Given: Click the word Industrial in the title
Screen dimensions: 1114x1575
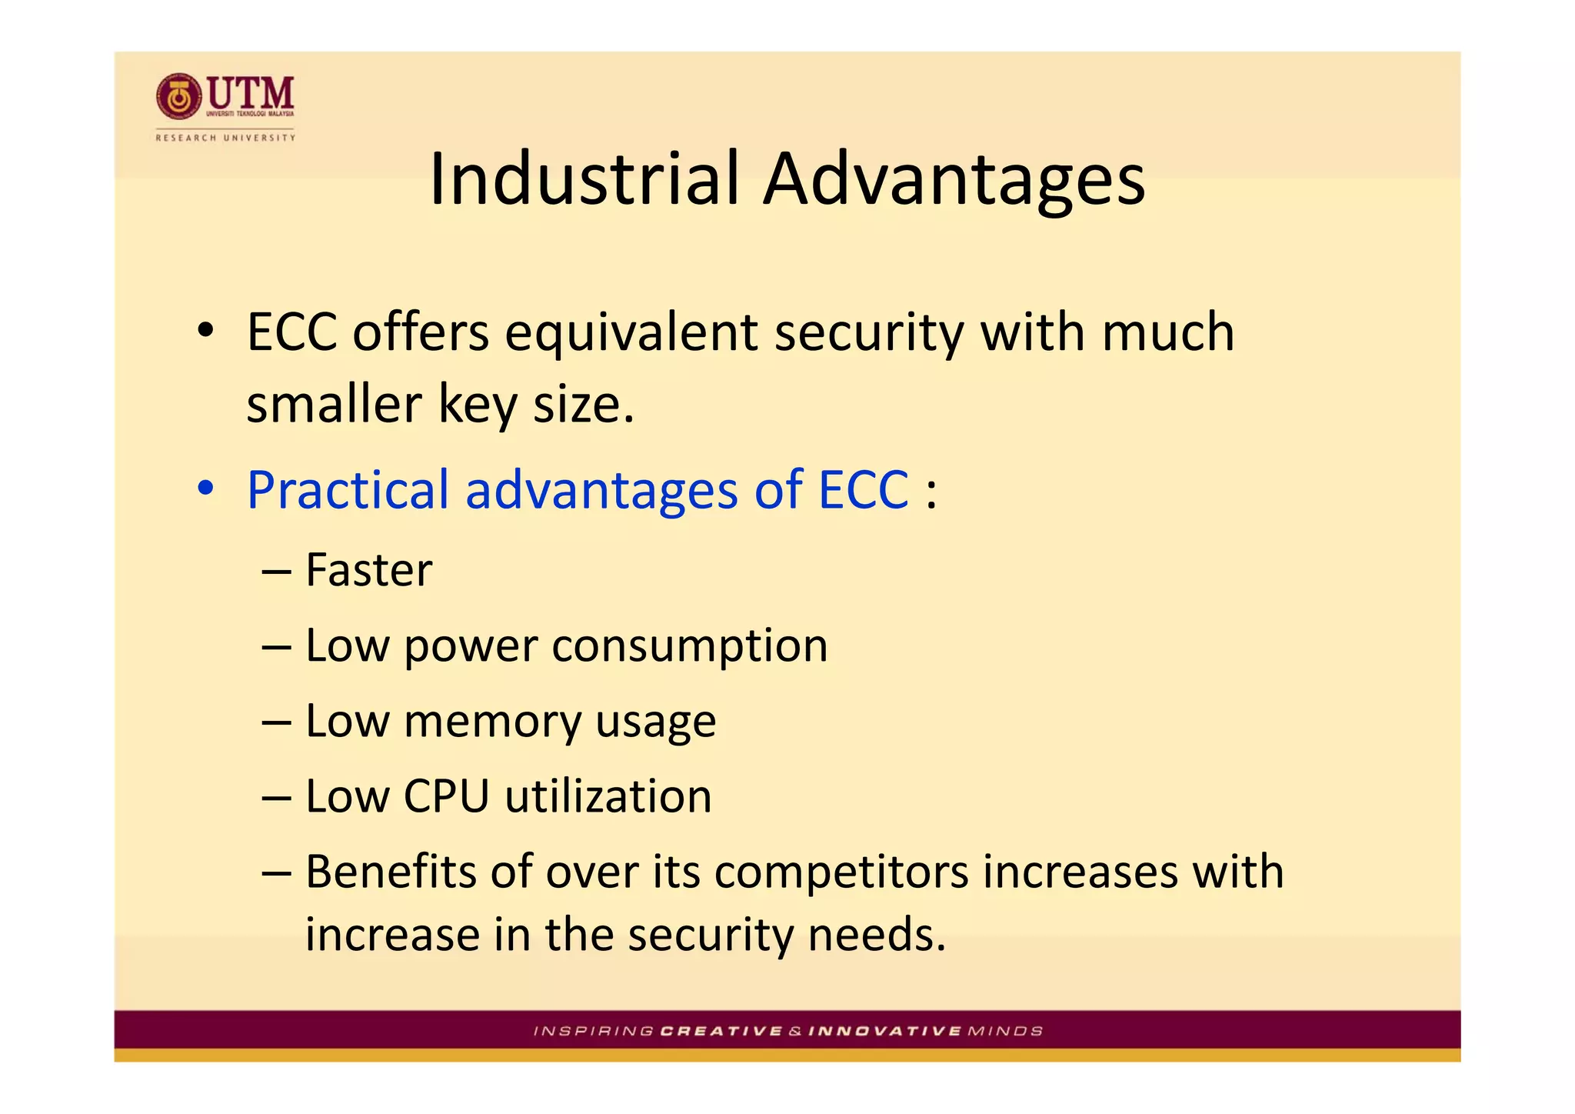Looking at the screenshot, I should (584, 178).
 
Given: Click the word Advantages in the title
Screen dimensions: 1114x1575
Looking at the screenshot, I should (954, 178).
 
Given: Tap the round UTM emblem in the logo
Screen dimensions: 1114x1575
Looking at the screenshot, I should (178, 97).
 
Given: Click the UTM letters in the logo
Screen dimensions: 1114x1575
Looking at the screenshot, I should (251, 93).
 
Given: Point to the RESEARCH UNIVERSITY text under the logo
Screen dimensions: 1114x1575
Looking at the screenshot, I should (225, 138).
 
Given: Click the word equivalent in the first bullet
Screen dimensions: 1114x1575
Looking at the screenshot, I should (631, 332).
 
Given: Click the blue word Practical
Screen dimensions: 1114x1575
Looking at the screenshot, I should (348, 489).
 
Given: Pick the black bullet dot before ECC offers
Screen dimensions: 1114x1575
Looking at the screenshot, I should (205, 331).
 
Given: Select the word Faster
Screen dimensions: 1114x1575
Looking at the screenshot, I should (368, 570).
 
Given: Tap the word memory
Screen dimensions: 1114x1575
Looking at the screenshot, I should (492, 721).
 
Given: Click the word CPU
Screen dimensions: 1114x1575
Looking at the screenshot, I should (446, 795).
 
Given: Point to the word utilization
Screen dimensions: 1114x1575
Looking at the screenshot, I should (608, 795).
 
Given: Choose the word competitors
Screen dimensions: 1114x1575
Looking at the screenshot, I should (841, 872).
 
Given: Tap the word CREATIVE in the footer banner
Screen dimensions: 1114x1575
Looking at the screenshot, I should (721, 1031).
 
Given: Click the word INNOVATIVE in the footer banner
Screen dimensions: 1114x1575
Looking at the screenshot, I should (884, 1031).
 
